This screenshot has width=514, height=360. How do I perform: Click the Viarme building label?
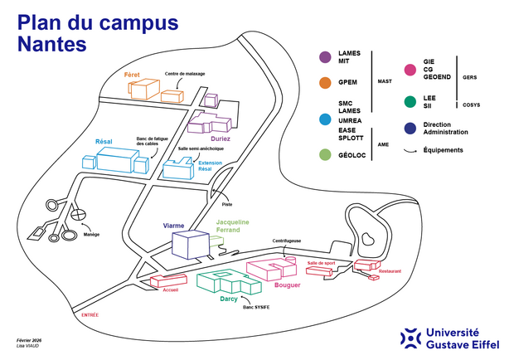(x=174, y=226)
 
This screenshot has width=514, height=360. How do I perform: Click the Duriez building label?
(x=221, y=139)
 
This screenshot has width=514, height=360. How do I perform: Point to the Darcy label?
(x=229, y=298)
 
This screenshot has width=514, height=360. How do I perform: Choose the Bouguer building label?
(x=287, y=285)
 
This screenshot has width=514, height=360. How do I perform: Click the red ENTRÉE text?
(x=90, y=314)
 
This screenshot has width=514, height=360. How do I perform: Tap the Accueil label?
(x=171, y=289)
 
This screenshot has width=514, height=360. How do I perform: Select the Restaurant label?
(x=390, y=271)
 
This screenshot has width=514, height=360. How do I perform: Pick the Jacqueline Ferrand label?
(x=232, y=226)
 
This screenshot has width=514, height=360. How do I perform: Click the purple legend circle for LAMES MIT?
(x=326, y=56)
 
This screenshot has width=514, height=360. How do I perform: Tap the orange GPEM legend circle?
(x=326, y=82)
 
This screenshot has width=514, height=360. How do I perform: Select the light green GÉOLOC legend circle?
(x=326, y=154)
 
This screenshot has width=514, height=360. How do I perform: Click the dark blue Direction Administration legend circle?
(x=410, y=128)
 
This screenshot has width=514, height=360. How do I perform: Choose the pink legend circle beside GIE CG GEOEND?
(x=410, y=70)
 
